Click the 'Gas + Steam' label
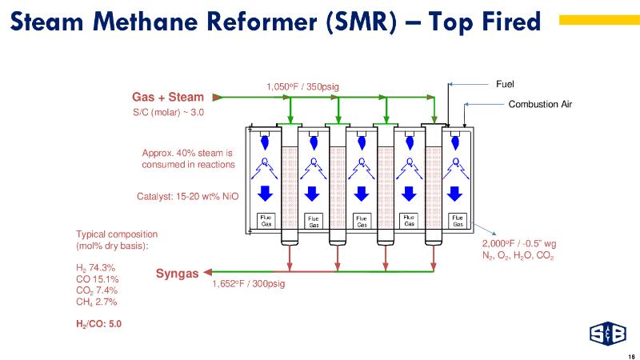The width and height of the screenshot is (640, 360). coord(168,98)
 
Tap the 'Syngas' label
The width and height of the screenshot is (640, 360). coord(177,274)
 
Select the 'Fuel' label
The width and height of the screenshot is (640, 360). coord(506,82)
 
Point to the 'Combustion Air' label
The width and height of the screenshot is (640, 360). coord(541,104)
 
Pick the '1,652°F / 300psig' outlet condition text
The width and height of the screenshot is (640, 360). coord(249,283)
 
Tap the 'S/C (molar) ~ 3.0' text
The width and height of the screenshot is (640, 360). coord(168,113)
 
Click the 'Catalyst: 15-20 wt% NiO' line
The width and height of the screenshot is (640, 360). coord(188,195)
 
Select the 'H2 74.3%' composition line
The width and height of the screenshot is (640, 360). coord(96,268)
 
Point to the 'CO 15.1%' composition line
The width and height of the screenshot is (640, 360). coord(97,279)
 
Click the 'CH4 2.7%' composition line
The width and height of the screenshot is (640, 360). coord(96,302)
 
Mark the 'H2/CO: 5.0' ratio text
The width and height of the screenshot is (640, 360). coord(99,324)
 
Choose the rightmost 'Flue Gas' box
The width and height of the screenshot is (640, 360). coord(457,220)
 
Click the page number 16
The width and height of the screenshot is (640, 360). coord(631,355)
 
